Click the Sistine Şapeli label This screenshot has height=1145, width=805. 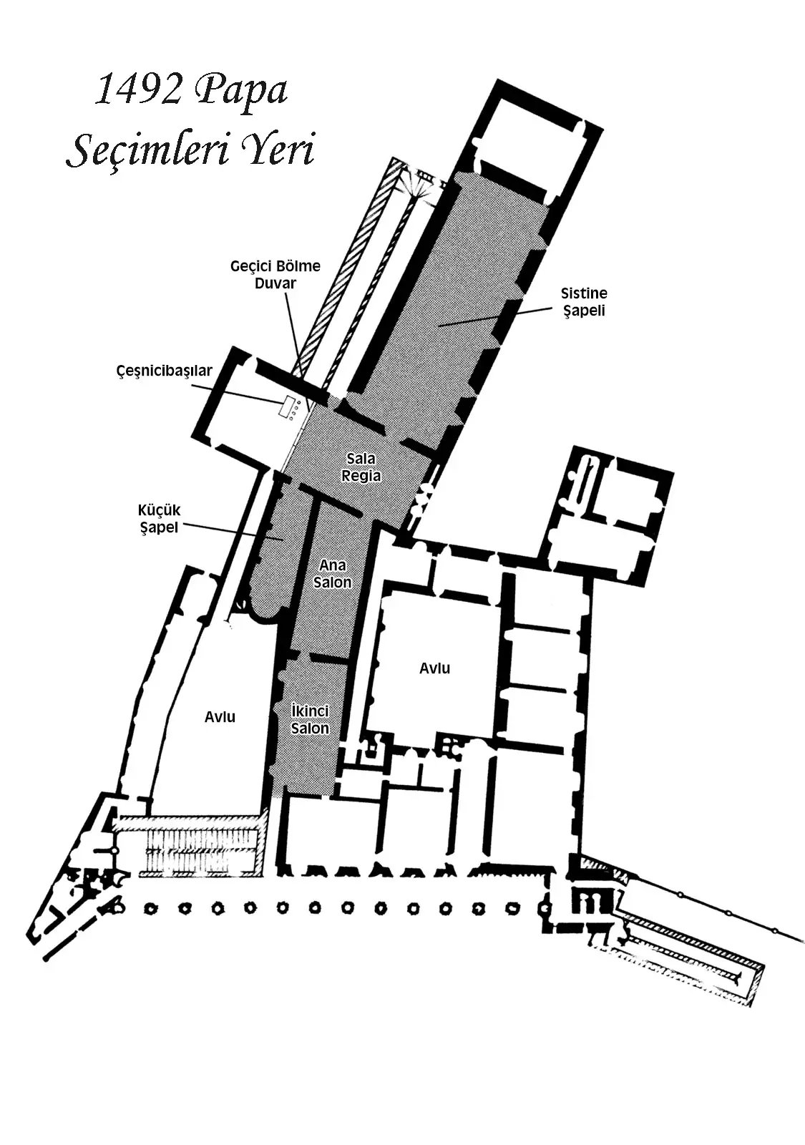584,301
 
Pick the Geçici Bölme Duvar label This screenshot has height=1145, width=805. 275,275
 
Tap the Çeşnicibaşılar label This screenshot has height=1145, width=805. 164,371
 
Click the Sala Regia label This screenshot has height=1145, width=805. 361,467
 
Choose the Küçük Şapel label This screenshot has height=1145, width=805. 159,518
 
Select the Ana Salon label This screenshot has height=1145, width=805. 332,573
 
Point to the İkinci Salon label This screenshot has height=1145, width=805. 310,719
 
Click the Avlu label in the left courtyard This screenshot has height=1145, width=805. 220,716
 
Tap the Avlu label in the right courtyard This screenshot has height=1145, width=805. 434,668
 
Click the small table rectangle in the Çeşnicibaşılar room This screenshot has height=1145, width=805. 286,406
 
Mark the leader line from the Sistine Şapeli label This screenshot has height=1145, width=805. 496,317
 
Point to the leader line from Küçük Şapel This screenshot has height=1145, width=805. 233,531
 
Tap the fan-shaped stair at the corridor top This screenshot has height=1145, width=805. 420,182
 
